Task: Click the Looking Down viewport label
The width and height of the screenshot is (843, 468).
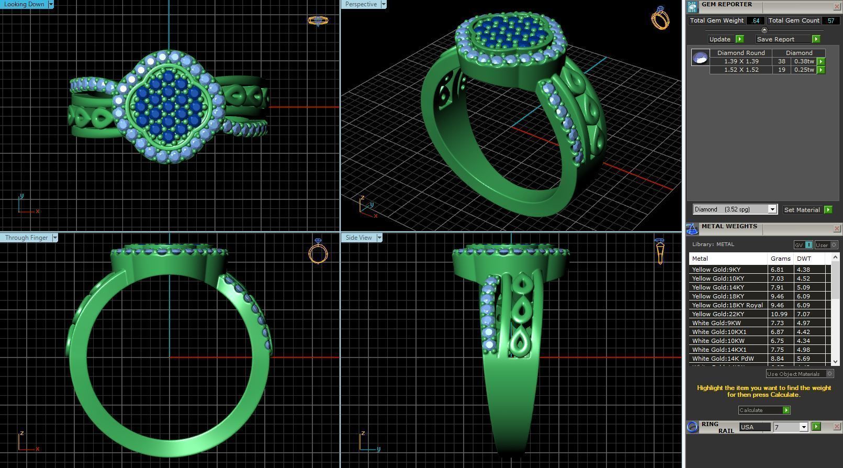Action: (x=24, y=4)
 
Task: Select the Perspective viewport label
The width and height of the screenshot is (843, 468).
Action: (x=361, y=4)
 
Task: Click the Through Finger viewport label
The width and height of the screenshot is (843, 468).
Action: (x=26, y=238)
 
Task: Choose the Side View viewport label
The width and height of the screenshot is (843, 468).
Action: (x=358, y=238)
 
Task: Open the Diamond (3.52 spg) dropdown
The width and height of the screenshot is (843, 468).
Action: (x=772, y=209)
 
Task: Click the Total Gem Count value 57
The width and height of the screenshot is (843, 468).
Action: (x=830, y=20)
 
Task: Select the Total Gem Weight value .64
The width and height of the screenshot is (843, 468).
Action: (x=756, y=20)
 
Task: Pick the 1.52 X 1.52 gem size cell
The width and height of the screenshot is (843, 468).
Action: (x=741, y=70)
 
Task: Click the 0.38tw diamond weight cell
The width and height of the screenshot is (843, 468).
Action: (x=804, y=61)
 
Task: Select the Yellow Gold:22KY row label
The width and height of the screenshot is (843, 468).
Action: (x=718, y=314)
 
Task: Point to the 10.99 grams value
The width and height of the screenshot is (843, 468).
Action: (x=779, y=314)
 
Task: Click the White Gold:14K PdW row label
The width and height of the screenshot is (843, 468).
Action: (x=723, y=359)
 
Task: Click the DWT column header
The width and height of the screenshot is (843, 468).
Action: (x=804, y=259)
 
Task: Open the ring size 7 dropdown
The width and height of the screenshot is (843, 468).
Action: (x=803, y=427)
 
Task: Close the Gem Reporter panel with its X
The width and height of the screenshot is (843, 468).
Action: (x=836, y=6)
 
